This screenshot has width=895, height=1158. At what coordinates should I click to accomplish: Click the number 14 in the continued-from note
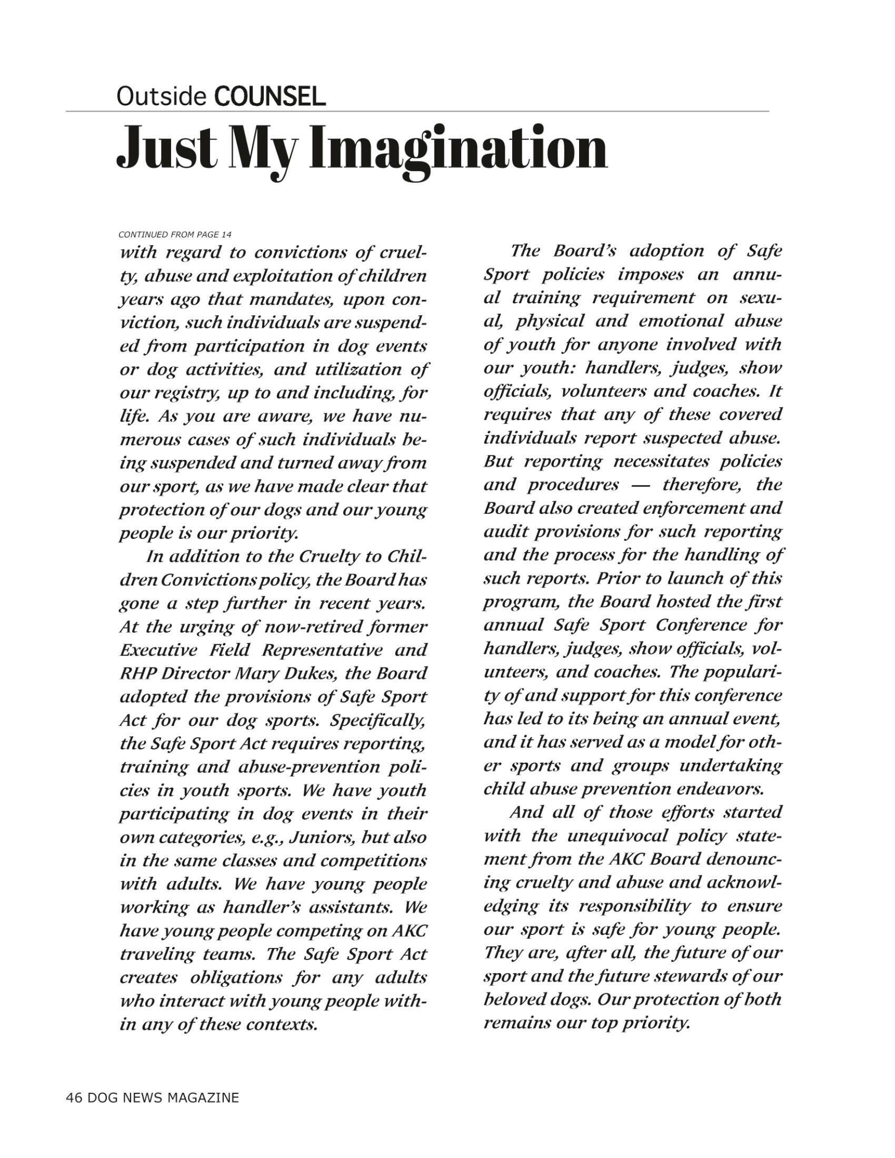point(226,234)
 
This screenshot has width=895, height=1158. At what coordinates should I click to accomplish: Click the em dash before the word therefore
point(641,485)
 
